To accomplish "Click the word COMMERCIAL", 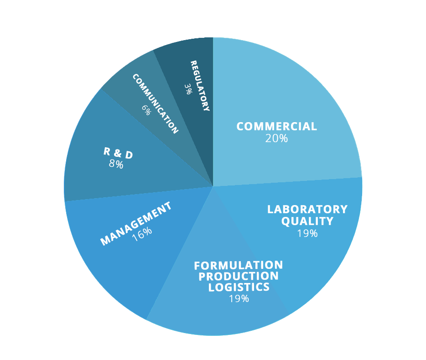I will point(276,126).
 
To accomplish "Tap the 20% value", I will point(276,139).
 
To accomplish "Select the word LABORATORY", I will point(307,209).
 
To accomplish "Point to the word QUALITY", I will point(307,221).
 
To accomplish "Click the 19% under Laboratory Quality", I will point(307,233).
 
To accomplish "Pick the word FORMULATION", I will point(239,265).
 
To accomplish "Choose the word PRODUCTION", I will point(239,276).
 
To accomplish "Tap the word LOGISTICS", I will point(239,287).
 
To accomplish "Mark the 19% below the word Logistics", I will point(239,298).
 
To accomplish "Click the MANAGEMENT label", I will point(136,223).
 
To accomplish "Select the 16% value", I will point(142,233).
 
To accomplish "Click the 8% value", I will point(116,164).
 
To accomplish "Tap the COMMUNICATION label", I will point(155,103).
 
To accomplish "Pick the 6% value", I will point(145,110).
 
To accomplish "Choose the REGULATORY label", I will point(200,86).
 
